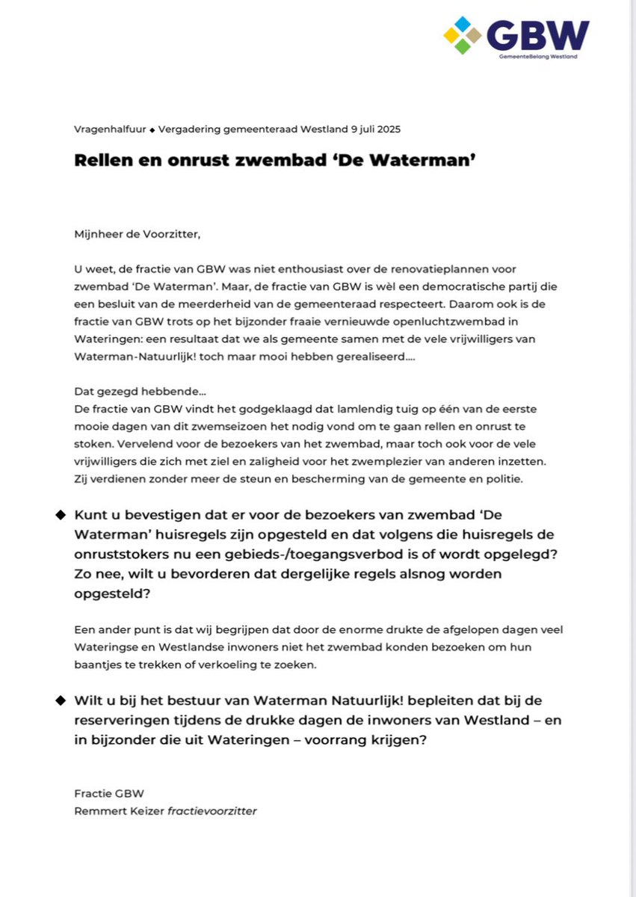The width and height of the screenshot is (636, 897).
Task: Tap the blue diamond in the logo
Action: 463,24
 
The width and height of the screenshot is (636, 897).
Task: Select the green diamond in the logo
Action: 463,46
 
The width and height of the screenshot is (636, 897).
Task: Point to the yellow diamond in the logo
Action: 452,35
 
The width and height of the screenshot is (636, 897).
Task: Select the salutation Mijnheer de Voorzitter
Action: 138,234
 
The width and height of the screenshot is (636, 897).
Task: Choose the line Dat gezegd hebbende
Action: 120,392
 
